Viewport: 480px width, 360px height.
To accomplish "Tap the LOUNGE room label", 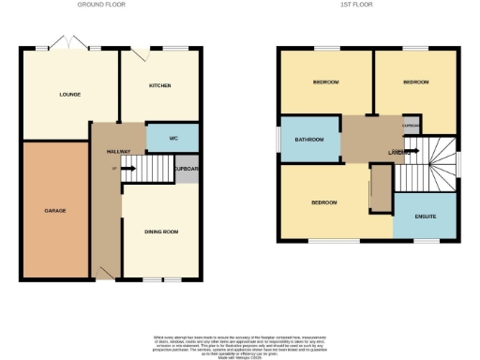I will tap(69, 94).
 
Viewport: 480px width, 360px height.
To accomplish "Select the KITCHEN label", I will tap(161, 86).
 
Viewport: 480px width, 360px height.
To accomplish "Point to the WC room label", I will tap(173, 138).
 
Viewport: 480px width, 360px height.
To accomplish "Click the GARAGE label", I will tap(54, 210).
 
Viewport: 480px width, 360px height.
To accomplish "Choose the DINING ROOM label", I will tap(161, 232).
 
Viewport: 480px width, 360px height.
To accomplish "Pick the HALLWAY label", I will tap(117, 151).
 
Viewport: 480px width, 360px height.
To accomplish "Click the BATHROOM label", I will tap(308, 140).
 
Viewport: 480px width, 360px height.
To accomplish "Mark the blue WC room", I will tap(172, 138).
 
